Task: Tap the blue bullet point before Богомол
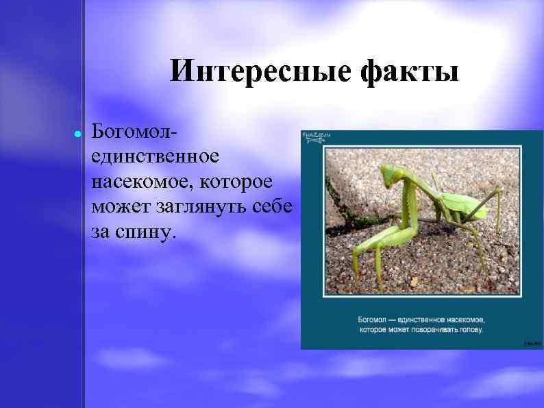tap(77, 134)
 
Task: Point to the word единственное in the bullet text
tap(156, 157)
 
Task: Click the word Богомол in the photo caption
tap(373, 320)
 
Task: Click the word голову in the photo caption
tap(471, 330)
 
